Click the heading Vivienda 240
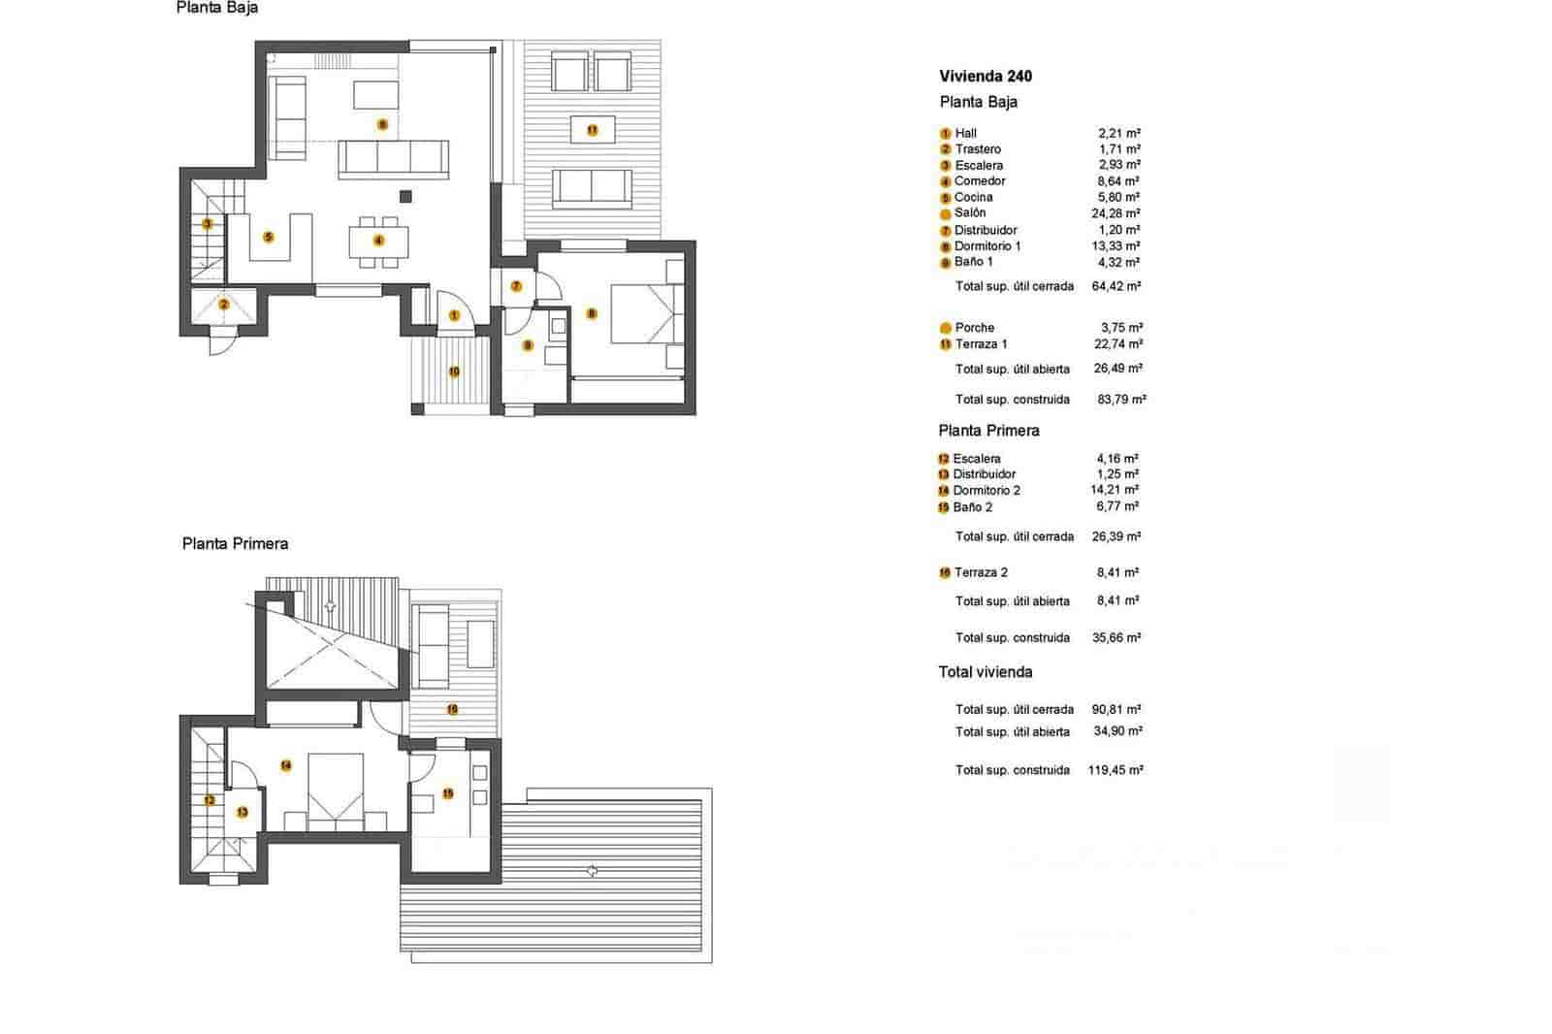(986, 76)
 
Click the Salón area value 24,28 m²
(1115, 212)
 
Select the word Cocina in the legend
(973, 197)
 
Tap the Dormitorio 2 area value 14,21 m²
(1114, 490)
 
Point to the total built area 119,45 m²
(1115, 769)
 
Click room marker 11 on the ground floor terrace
(592, 130)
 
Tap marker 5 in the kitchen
(269, 237)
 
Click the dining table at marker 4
(379, 241)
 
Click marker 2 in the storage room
(224, 305)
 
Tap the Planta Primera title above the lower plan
(235, 543)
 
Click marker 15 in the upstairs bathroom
(447, 793)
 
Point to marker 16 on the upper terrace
(452, 709)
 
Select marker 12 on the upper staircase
(210, 801)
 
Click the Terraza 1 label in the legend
(981, 343)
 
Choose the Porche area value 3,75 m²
(1120, 327)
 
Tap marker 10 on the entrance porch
(453, 371)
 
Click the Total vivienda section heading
(985, 671)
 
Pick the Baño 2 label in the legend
(972, 506)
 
